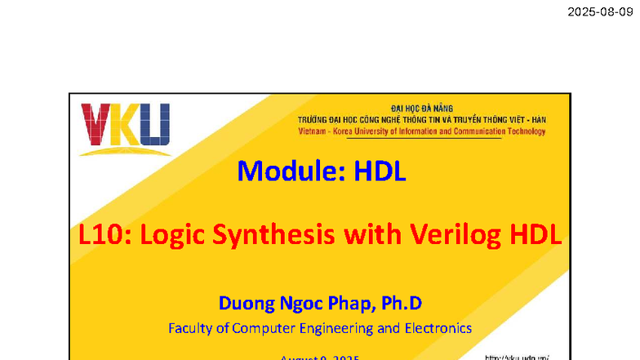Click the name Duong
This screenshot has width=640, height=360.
[244, 304]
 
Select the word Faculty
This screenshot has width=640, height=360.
[191, 328]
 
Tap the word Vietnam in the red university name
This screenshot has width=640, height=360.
[311, 131]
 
